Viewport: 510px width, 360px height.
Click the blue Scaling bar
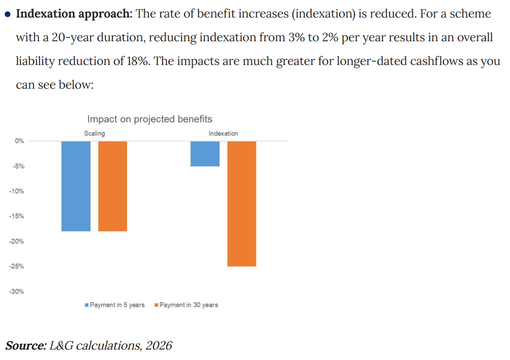coord(76,186)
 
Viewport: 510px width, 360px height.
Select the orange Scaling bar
coord(113,186)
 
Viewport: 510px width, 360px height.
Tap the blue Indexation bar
coord(205,154)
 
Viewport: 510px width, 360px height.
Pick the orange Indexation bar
coord(242,203)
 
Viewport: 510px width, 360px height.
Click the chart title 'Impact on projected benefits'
coord(150,119)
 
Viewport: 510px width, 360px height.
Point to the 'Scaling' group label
coord(94,133)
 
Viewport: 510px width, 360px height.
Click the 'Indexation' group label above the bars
coord(223,133)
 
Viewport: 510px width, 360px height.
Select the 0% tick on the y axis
coord(19,141)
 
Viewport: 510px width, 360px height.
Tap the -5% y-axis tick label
coord(19,166)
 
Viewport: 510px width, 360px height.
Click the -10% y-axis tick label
coord(18,191)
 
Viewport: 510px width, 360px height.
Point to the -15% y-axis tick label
coord(18,216)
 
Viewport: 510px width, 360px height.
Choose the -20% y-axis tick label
coord(18,241)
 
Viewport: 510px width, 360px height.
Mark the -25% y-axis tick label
coord(18,266)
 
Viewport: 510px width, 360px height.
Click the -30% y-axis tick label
coord(18,291)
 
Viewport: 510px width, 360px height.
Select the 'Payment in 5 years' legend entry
coord(114,305)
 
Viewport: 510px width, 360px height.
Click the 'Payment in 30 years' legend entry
coord(186,305)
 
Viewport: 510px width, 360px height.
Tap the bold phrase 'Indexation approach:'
coord(74,13)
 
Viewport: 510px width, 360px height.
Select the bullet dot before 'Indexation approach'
coord(8,14)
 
